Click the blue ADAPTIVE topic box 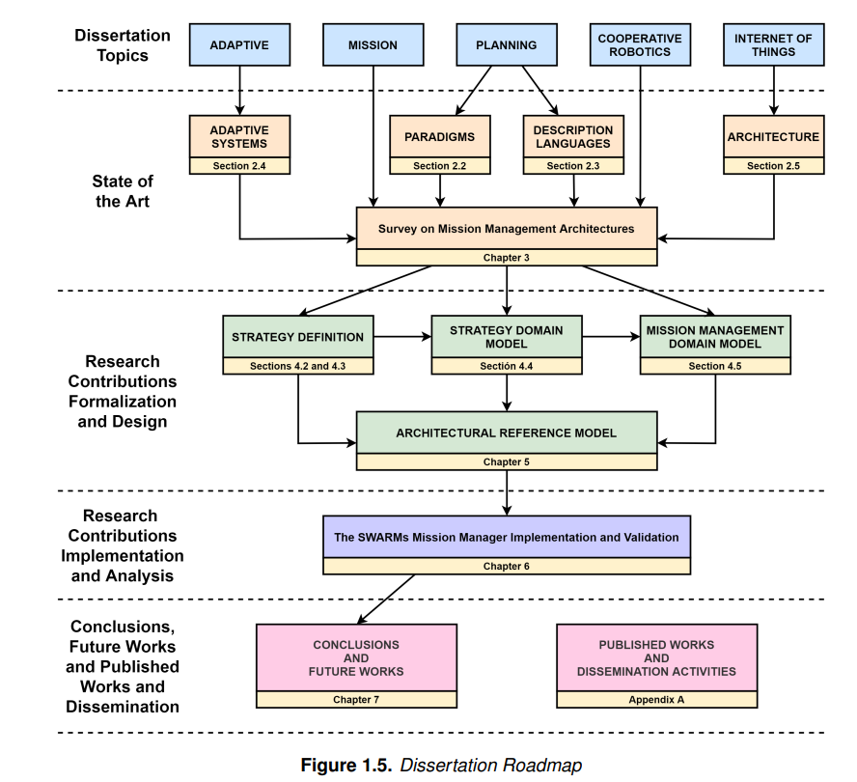pos(239,44)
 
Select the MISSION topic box pos(373,44)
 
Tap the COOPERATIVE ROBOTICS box pos(640,44)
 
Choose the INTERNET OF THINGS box pos(773,44)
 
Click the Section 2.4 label pos(239,166)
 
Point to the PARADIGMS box pos(440,137)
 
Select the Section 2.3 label pos(573,166)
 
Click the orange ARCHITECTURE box pos(773,137)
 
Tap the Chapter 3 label pos(507,258)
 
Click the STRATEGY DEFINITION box pos(298,337)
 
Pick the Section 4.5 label pos(715,367)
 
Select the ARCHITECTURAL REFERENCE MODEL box pos(507,433)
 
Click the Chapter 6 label pos(507,566)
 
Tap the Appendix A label pos(657,699)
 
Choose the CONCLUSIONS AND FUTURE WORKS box pos(356,657)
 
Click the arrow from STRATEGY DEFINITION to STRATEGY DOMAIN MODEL pos(402,337)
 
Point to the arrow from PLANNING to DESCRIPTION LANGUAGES pos(540,91)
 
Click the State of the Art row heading pos(123,191)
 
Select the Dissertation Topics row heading pos(123,45)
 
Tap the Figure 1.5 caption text pos(441,765)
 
